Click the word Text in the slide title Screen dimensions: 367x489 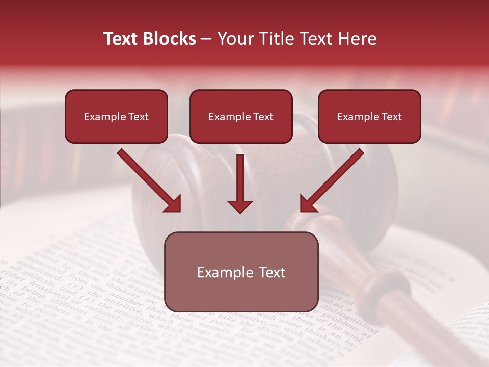pyautogui.click(x=122, y=39)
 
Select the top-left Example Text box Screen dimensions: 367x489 pyautogui.click(x=116, y=117)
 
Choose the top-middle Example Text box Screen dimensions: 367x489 pyautogui.click(x=241, y=117)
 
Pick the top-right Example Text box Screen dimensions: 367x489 pyautogui.click(x=369, y=117)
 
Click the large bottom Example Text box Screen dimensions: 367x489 pyautogui.click(x=241, y=272)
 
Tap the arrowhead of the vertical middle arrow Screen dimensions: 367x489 pyautogui.click(x=240, y=206)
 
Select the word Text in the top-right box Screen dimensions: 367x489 pyautogui.click(x=391, y=117)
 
